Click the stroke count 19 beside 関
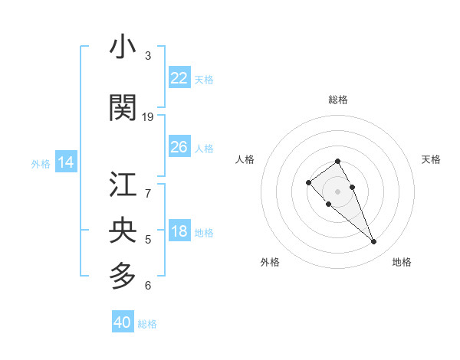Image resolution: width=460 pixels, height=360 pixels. pyautogui.click(x=148, y=117)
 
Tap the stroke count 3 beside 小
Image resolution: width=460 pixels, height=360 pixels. pyautogui.click(x=148, y=56)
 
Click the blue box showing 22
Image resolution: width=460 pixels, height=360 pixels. pyautogui.click(x=179, y=78)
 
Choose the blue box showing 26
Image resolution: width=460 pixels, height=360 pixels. pyautogui.click(x=179, y=147)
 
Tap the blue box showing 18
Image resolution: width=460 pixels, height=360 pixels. pyautogui.click(x=179, y=232)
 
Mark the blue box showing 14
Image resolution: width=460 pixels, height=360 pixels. pyautogui.click(x=66, y=162)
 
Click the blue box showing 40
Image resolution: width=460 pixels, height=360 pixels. pyautogui.click(x=123, y=322)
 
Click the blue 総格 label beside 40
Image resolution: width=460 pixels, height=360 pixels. pyautogui.click(x=147, y=324)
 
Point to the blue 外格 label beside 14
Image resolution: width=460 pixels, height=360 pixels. pyautogui.click(x=41, y=163)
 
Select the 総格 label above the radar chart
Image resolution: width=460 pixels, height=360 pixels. pyautogui.click(x=338, y=100)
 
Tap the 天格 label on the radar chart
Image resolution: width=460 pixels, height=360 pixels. pyautogui.click(x=431, y=159)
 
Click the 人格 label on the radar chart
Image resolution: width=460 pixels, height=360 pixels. pyautogui.click(x=245, y=159)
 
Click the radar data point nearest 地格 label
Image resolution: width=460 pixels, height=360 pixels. pyautogui.click(x=373, y=242)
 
